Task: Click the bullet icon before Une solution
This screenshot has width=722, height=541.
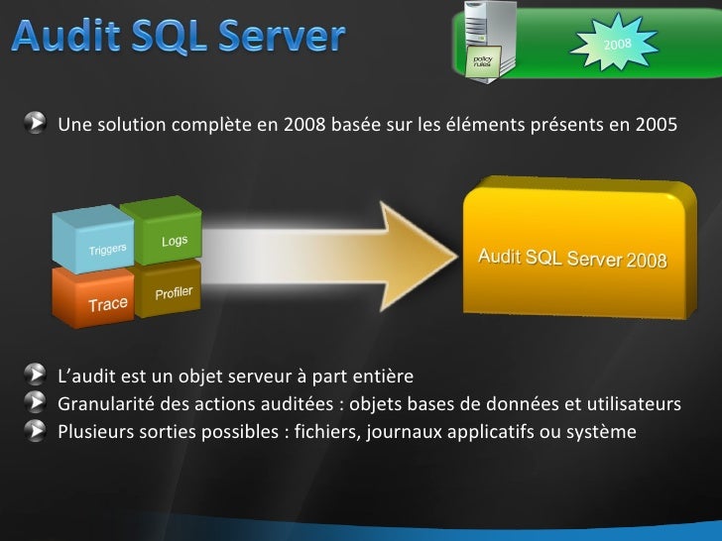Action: (36, 124)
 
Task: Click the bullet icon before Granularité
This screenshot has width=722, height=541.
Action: (36, 404)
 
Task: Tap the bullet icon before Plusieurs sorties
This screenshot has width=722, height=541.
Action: (36, 431)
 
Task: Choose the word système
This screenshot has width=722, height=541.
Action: (600, 432)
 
